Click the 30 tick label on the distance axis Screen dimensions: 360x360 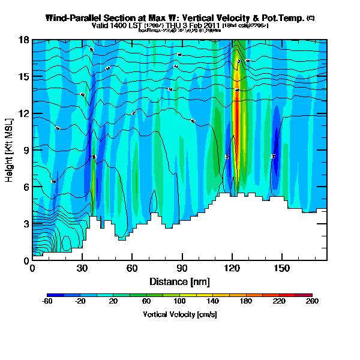pyautogui.click(x=82, y=268)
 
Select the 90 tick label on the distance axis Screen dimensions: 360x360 pyautogui.click(x=181, y=268)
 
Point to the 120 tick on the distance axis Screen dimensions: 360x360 pyautogui.click(x=231, y=268)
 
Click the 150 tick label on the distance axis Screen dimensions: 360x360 pyautogui.click(x=281, y=268)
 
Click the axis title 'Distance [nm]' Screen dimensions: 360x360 pyautogui.click(x=179, y=281)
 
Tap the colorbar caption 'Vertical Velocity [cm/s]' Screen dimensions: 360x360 pyautogui.click(x=179, y=314)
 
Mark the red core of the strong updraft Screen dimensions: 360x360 pyautogui.click(x=237, y=120)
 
